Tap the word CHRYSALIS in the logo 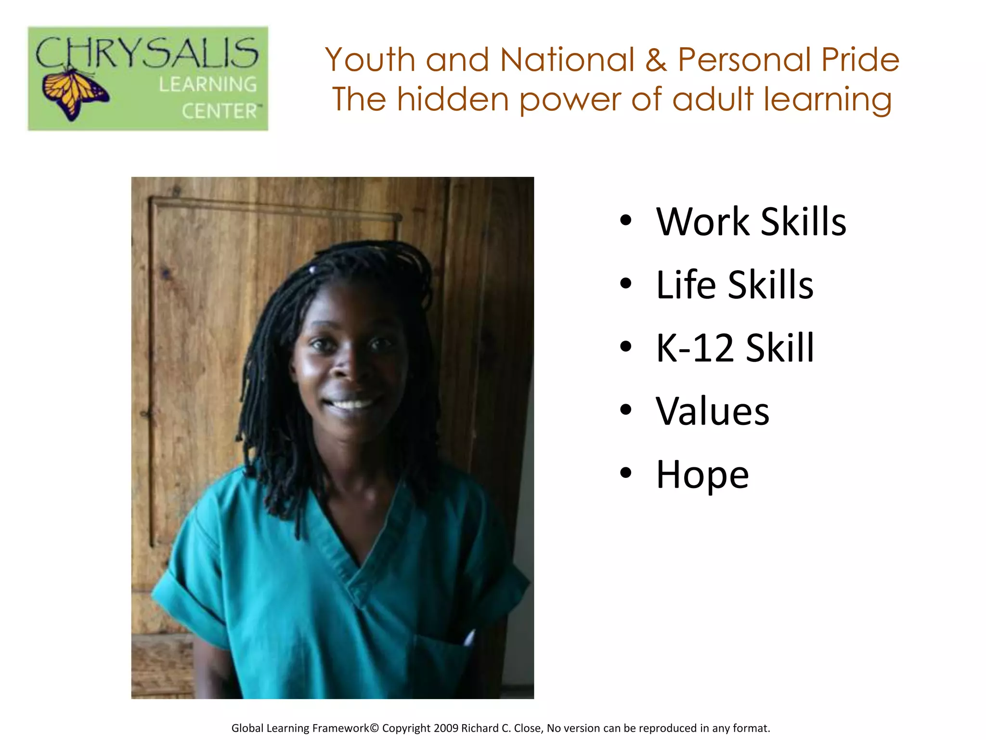(x=147, y=53)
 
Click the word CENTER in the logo (x=221, y=111)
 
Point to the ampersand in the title (x=656, y=60)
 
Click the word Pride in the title (x=860, y=60)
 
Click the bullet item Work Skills (x=751, y=222)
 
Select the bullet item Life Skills (x=734, y=285)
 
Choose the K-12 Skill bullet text (x=735, y=348)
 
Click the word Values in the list (x=713, y=411)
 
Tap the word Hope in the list (x=702, y=475)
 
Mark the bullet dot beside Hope (x=625, y=473)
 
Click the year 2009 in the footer (x=446, y=728)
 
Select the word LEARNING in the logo (x=208, y=84)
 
